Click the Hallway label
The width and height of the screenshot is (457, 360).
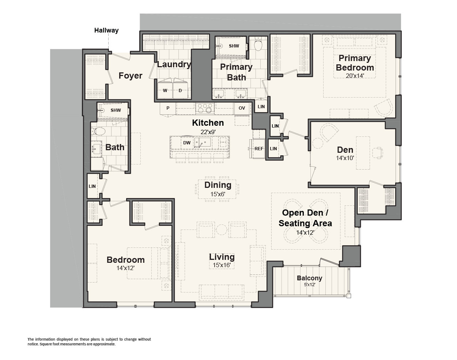tap(106, 30)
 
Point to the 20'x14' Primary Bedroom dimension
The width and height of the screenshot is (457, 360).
tap(355, 76)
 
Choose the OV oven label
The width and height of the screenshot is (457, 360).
tap(242, 108)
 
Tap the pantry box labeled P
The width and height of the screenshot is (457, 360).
tap(168, 108)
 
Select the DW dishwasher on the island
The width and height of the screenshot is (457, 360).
tap(187, 143)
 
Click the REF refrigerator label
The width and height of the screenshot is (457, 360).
tap(259, 149)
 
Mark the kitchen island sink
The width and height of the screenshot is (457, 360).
tap(203, 143)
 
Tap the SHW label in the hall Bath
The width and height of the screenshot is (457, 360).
tap(116, 110)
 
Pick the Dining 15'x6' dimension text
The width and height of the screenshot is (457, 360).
tap(218, 194)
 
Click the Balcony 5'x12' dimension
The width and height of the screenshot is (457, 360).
tap(309, 285)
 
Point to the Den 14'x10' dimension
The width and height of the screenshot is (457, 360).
tap(345, 158)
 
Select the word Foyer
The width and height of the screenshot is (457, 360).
tap(131, 76)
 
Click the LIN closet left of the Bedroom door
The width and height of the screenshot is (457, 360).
tap(92, 186)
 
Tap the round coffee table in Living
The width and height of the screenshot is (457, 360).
tap(222, 230)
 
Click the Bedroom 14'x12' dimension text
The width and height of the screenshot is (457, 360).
tap(125, 268)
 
